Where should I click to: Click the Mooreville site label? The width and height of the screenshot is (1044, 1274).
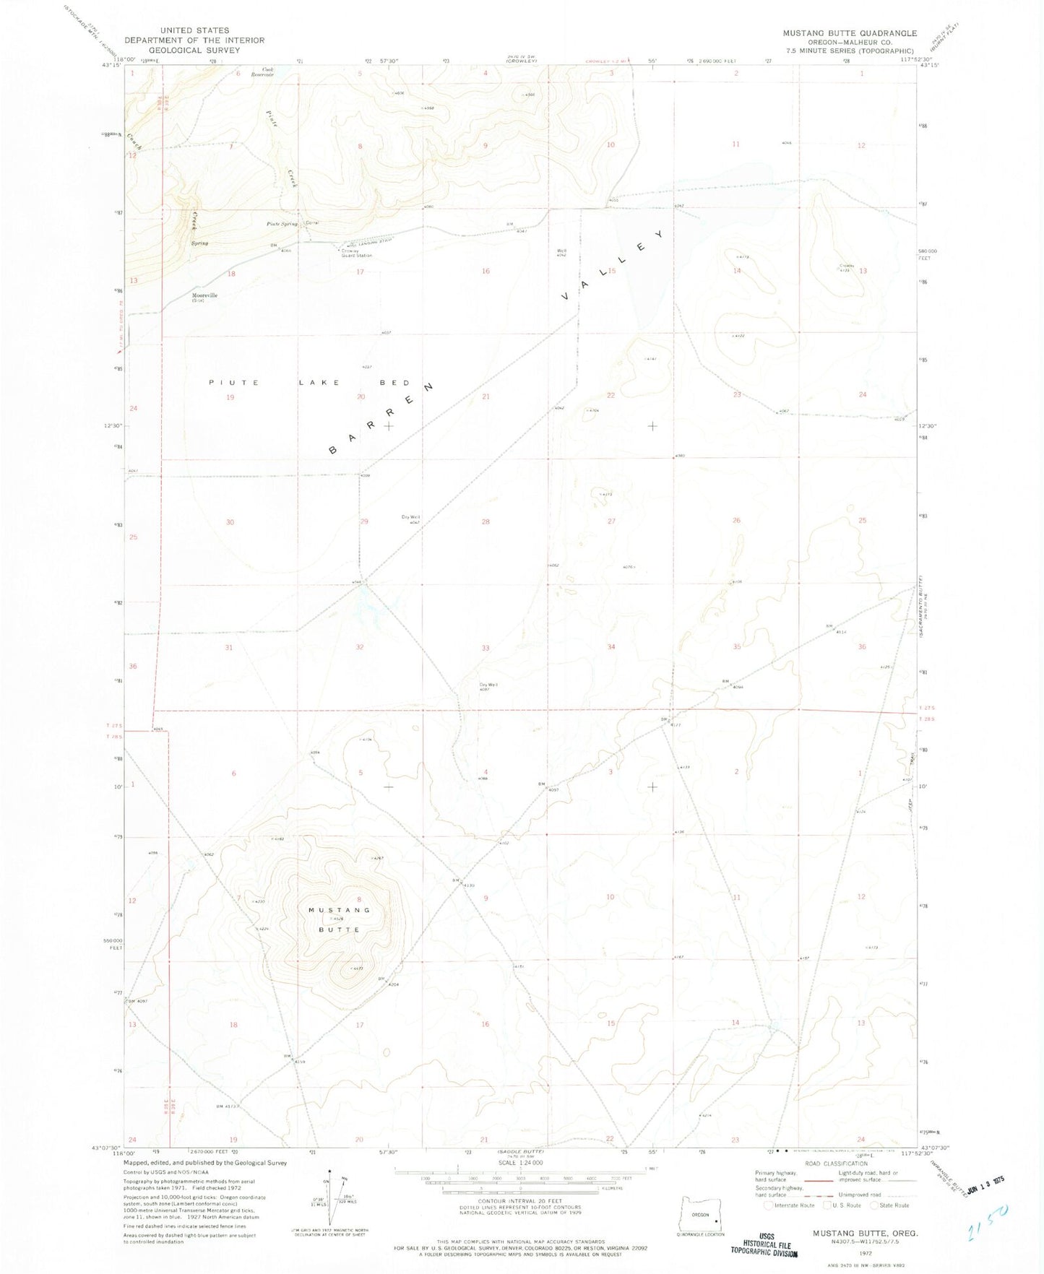(x=204, y=295)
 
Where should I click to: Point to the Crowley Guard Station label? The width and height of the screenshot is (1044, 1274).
(x=356, y=253)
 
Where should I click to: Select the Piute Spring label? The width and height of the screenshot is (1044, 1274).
(x=282, y=224)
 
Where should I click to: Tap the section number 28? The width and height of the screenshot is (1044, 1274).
(x=486, y=521)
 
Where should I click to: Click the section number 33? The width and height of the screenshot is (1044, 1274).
(x=486, y=648)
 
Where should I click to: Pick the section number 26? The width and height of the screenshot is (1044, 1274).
(x=736, y=520)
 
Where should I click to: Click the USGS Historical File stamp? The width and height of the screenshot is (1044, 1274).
(x=764, y=1245)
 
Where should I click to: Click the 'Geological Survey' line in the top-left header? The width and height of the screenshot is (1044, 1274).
(x=194, y=51)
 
